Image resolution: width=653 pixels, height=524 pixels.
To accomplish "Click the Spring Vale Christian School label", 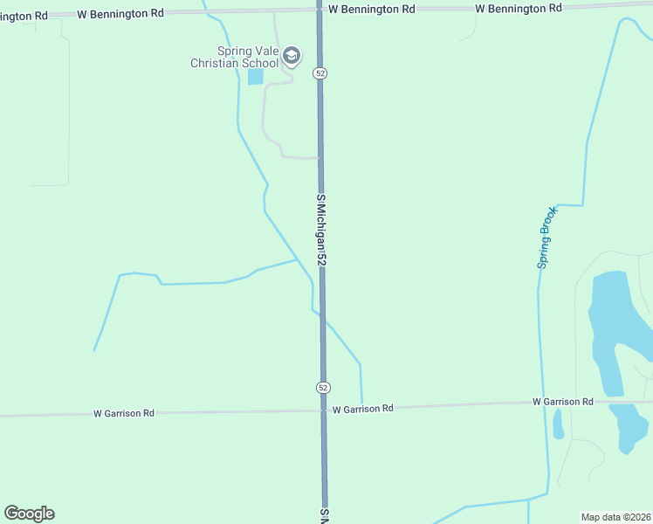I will coord(235,58).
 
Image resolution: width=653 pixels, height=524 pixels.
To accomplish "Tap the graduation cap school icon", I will coord(292,58).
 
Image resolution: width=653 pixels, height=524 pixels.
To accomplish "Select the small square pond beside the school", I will coord(255,77).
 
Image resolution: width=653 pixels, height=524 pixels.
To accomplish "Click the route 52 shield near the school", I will coord(320,74).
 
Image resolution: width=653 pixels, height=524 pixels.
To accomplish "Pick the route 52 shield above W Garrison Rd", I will coord(323,387).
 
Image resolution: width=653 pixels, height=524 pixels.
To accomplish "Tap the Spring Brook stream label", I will coord(546,238).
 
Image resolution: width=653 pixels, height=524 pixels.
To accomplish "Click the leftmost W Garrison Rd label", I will coord(124,413).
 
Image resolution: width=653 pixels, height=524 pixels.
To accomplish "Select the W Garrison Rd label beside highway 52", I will coord(363,408).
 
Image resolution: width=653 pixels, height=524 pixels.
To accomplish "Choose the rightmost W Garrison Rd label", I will coord(563,402).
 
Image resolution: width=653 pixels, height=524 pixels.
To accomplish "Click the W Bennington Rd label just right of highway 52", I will coord(371,9).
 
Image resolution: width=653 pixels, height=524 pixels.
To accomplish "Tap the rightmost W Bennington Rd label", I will coord(518,8).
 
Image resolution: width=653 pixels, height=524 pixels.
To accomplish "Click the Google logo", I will coord(29,514).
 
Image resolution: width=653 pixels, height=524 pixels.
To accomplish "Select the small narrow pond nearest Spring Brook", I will coord(558,424).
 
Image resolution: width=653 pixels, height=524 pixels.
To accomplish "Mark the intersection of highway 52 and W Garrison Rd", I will coord(324,410).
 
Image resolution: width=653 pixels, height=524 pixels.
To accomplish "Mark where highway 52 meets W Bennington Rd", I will coord(320,10).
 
